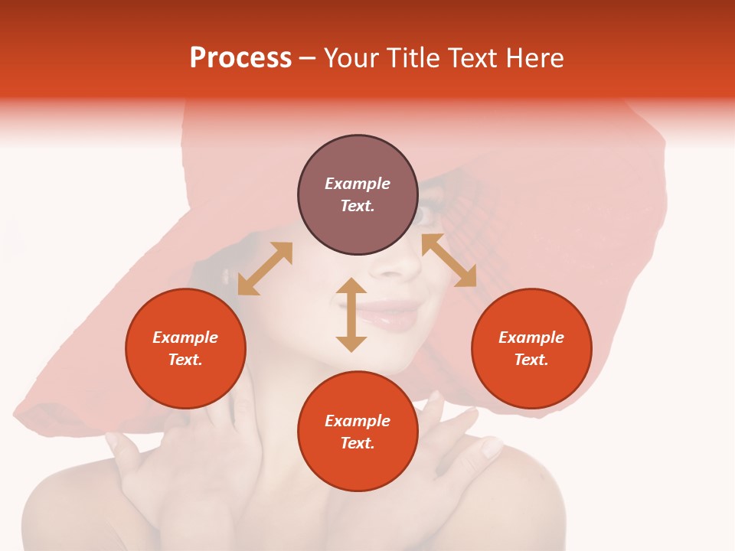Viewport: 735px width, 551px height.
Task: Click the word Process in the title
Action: pyautogui.click(x=240, y=58)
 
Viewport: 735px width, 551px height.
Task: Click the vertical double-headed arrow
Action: pyautogui.click(x=351, y=315)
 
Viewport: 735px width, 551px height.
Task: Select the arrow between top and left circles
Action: pyautogui.click(x=265, y=269)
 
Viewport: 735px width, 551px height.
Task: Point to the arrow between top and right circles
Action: pyautogui.click(x=449, y=260)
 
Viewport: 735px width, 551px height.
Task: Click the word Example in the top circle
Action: pyautogui.click(x=358, y=184)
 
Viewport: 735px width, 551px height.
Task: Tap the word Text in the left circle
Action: pyautogui.click(x=185, y=360)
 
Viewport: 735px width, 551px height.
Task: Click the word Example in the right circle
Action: pyautogui.click(x=531, y=337)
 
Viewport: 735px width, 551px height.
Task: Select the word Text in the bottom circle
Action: pyautogui.click(x=358, y=443)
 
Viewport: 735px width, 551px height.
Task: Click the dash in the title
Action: pyautogui.click(x=308, y=58)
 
